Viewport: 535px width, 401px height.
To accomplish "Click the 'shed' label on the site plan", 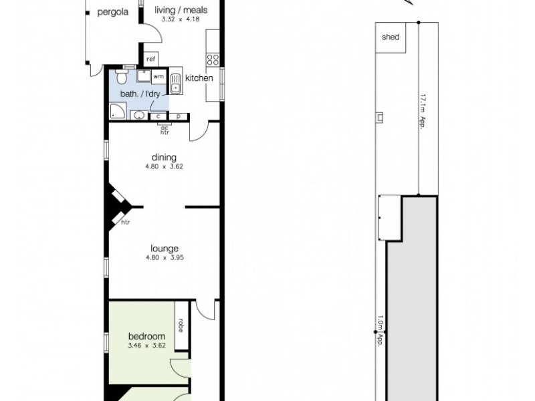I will coord(391,37).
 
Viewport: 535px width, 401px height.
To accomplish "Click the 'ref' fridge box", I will coord(150,59).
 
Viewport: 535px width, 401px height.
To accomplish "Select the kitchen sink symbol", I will coord(177,84).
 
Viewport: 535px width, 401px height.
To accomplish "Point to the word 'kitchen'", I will coord(199,78).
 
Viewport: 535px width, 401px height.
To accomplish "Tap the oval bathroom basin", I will coord(139,116).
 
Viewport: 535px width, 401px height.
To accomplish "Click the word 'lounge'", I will coord(164,249).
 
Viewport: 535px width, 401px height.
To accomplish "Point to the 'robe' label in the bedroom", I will coord(181,325).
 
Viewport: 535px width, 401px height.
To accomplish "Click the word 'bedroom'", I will coord(146,336).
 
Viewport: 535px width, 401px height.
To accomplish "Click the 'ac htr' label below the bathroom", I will coord(165,130).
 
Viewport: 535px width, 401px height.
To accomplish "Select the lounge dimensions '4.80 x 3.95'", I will coord(164,258).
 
